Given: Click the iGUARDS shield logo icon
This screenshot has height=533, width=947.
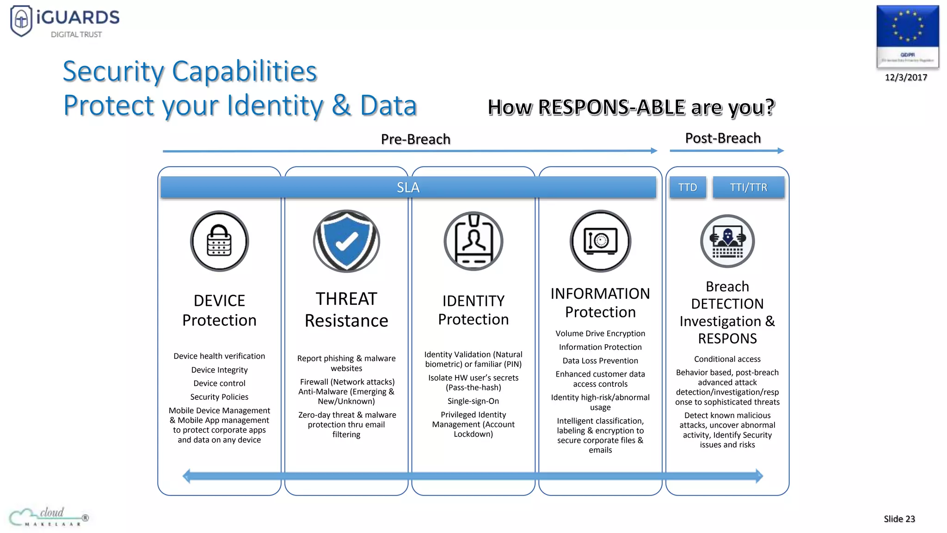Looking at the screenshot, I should point(21,20).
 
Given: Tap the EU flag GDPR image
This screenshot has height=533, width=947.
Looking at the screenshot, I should point(907,36).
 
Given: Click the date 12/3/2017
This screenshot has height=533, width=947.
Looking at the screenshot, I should point(906,77).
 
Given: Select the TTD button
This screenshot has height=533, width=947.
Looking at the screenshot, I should point(688,187).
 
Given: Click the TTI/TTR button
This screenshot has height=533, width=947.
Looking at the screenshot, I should point(748,187).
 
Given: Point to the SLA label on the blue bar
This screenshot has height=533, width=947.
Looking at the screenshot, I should point(408,187).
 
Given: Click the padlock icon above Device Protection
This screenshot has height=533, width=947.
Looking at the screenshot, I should point(219,241).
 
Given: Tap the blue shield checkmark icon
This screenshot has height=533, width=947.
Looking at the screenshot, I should point(346,241).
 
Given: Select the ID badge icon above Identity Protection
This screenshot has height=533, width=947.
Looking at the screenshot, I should point(473,241).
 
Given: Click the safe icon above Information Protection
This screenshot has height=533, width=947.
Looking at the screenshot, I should point(600,241).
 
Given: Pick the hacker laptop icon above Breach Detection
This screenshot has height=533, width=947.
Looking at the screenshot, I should point(727,241).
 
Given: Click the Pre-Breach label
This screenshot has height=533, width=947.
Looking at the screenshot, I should point(415,139).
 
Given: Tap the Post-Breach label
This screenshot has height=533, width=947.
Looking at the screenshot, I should point(723,138).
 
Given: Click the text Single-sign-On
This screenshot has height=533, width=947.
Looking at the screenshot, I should point(473,401).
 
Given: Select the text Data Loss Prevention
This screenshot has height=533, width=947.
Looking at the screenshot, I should point(600,360).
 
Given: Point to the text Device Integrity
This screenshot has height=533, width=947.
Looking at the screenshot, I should point(219,370).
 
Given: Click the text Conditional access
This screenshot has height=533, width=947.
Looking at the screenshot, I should point(727,359).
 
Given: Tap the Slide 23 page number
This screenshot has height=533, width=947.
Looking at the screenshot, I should point(899,519).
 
